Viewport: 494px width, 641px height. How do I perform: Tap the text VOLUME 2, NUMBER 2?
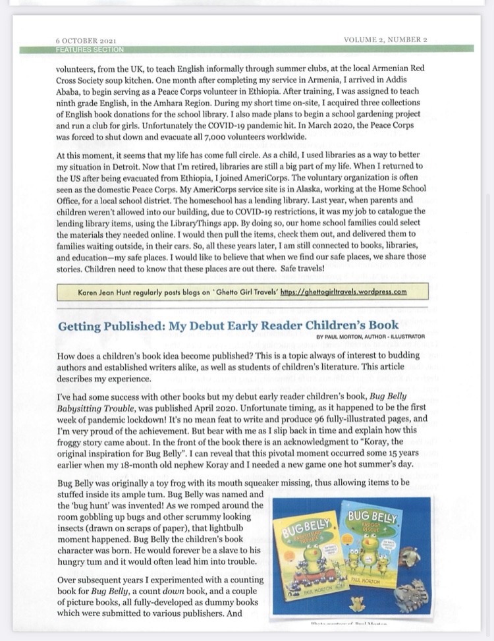pos(385,40)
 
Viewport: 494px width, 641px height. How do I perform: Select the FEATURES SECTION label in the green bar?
pos(90,49)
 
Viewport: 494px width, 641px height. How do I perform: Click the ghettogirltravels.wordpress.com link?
pos(343,291)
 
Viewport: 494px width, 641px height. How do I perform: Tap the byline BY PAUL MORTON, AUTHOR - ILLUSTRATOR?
pos(371,336)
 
